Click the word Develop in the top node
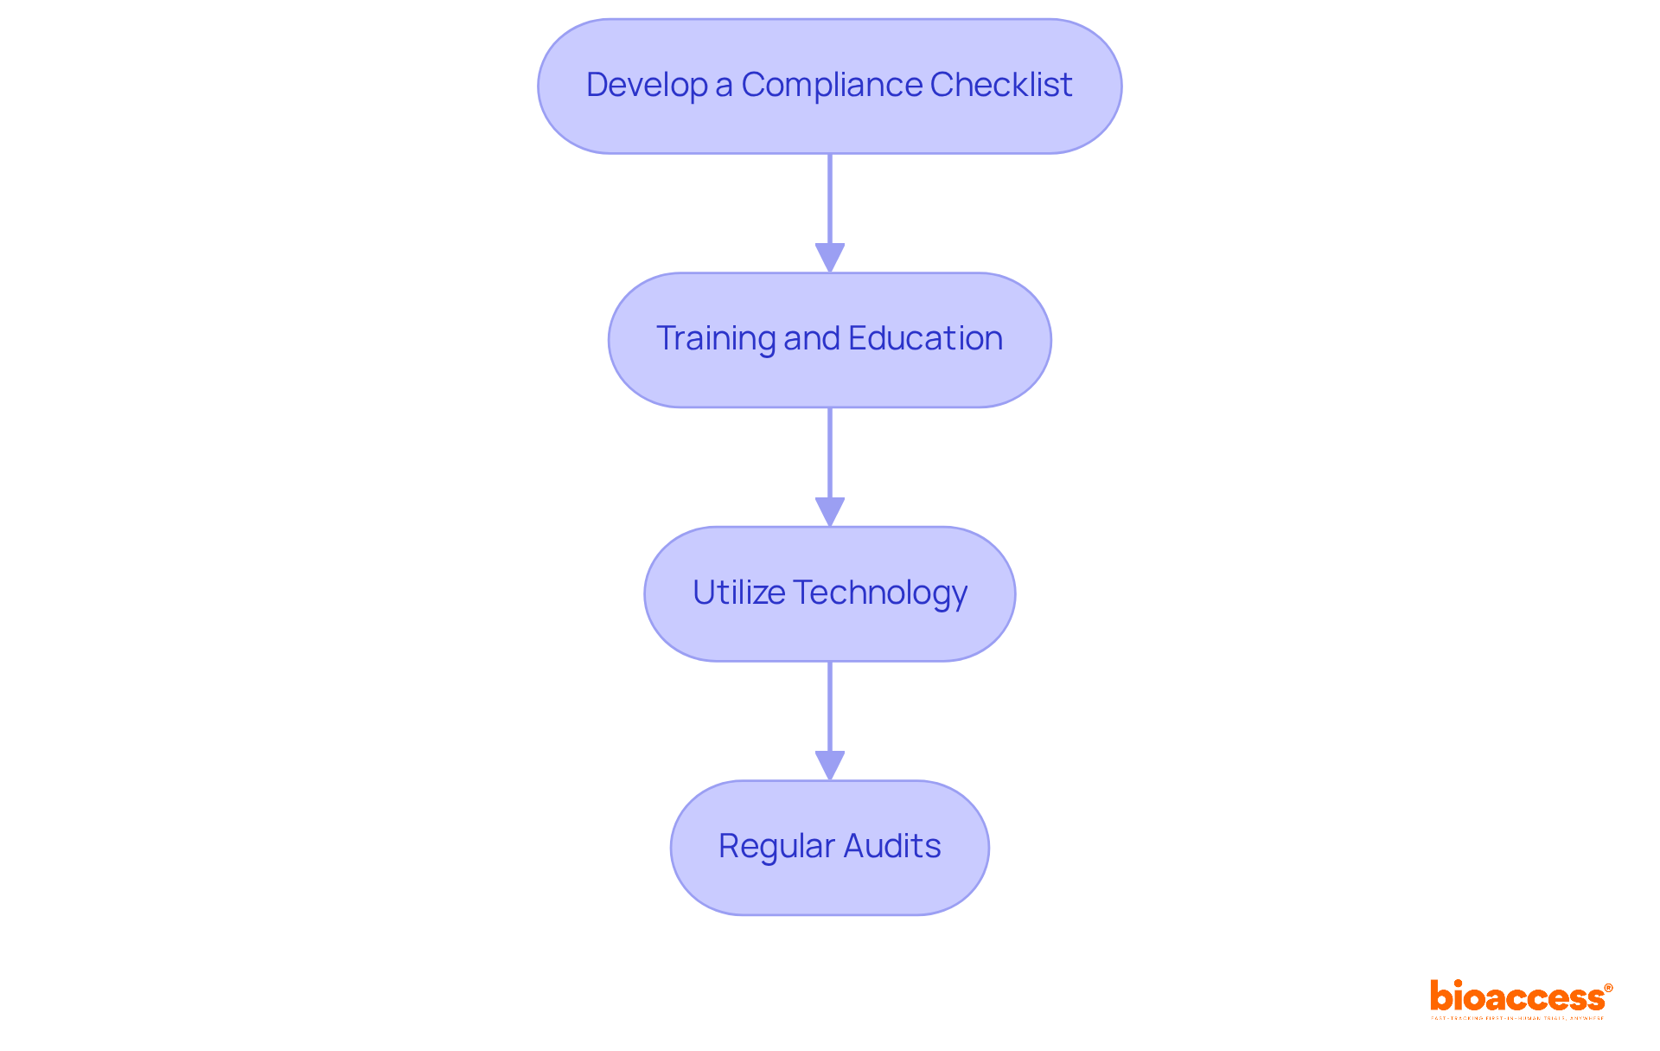pyautogui.click(x=646, y=85)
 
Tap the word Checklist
pyautogui.click(x=1001, y=85)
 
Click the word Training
pyautogui.click(x=716, y=338)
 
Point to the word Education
pyautogui.click(x=925, y=338)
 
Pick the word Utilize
pyautogui.click(x=738, y=593)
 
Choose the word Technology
pyautogui.click(x=880, y=593)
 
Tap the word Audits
pyautogui.click(x=892, y=846)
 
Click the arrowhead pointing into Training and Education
pyautogui.click(x=830, y=258)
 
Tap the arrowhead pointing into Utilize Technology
pyautogui.click(x=830, y=511)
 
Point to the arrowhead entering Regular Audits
pyautogui.click(x=830, y=766)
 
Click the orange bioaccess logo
pyautogui.click(x=1516, y=997)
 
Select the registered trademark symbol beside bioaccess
pyautogui.click(x=1608, y=988)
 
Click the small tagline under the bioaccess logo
pyautogui.click(x=1516, y=1018)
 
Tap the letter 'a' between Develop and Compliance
pyautogui.click(x=724, y=86)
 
